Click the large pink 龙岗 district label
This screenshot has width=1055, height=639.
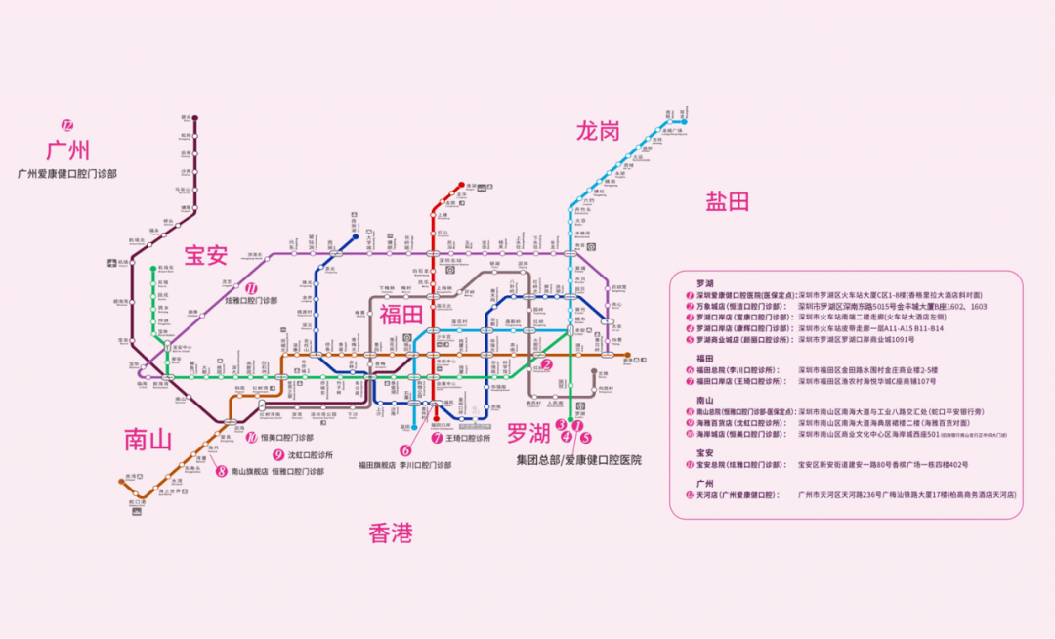[x=599, y=130]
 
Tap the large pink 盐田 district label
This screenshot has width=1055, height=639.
[x=728, y=202]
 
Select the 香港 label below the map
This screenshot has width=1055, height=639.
[x=390, y=533]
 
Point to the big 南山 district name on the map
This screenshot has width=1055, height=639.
[x=148, y=439]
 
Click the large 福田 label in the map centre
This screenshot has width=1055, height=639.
[x=401, y=315]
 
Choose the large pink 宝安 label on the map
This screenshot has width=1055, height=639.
[x=206, y=256]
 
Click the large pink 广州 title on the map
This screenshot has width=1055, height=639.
[x=68, y=150]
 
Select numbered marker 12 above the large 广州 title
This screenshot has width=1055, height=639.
[x=67, y=125]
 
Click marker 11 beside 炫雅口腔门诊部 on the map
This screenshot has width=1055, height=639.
[x=251, y=289]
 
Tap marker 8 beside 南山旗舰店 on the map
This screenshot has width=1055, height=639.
[x=222, y=471]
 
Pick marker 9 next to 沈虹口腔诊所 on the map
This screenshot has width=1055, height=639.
[x=278, y=455]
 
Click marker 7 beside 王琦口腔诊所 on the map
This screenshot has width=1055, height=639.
[x=437, y=438]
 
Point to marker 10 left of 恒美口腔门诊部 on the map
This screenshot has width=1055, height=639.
[x=252, y=438]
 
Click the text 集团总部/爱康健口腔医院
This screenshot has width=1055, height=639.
[x=579, y=459]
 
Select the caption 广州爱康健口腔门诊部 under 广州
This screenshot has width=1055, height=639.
[x=67, y=173]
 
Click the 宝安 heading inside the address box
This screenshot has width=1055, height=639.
[x=705, y=452]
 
